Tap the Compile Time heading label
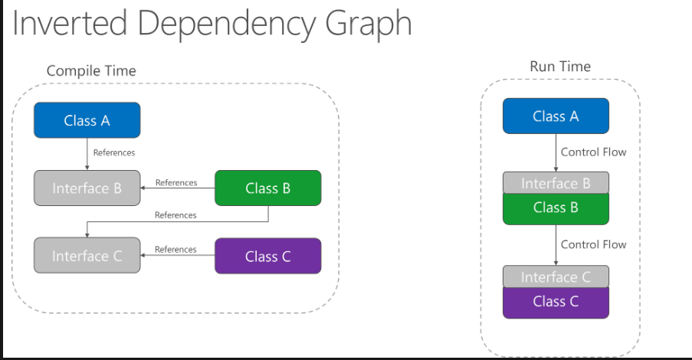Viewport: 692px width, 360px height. coord(91,70)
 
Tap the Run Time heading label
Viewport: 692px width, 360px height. coord(560,67)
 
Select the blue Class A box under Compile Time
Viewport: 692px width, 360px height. coord(87,120)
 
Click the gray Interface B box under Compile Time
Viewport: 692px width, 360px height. coord(87,188)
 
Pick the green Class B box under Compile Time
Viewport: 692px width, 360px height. coord(267,188)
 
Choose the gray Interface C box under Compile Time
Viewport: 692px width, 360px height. coord(87,256)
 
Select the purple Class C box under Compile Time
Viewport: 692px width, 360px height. coord(267,256)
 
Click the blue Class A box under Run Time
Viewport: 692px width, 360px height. coord(556,116)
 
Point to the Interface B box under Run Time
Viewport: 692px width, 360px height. coord(556,183)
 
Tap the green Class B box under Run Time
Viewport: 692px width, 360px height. coord(556,208)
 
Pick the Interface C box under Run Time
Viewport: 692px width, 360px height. coord(556,277)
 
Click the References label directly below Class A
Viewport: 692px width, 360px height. coord(114,152)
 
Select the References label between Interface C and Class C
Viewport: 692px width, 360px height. coord(175,249)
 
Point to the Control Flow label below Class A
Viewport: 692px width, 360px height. coord(593,152)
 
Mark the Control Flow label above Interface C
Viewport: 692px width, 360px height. coord(593,244)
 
